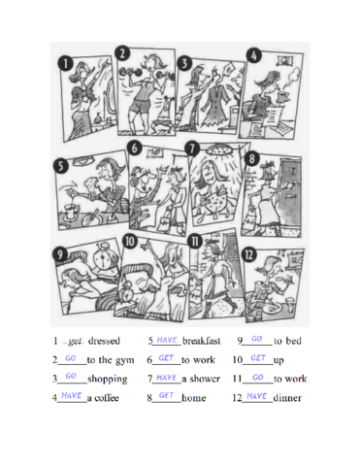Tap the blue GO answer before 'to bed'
[257, 341]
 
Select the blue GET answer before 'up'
[256, 358]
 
